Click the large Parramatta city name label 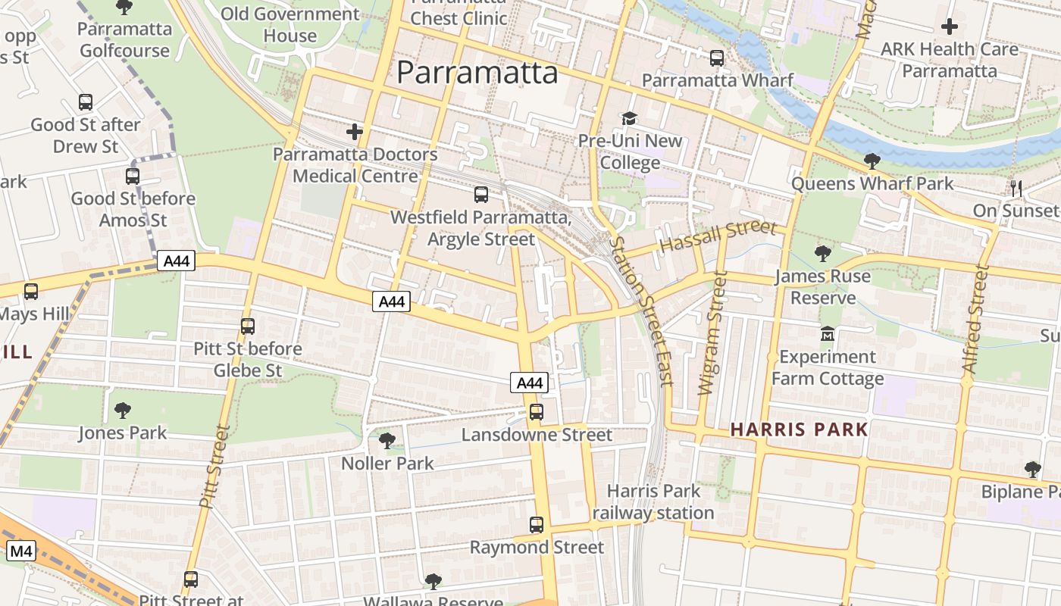(477, 73)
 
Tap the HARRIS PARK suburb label (799, 430)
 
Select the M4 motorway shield (20, 551)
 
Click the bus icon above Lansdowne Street (537, 412)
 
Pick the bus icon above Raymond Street (537, 524)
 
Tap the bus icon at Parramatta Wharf (717, 58)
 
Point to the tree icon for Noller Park (387, 440)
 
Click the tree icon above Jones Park (122, 411)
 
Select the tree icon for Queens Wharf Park (872, 161)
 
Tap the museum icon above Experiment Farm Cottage (827, 333)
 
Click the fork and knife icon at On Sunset (1016, 188)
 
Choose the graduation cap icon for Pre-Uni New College (630, 118)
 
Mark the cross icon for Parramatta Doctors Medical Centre (355, 132)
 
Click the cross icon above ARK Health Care (949, 27)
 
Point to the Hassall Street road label (718, 236)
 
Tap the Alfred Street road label (975, 318)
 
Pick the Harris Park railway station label (653, 501)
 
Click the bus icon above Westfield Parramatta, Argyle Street (481, 195)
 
